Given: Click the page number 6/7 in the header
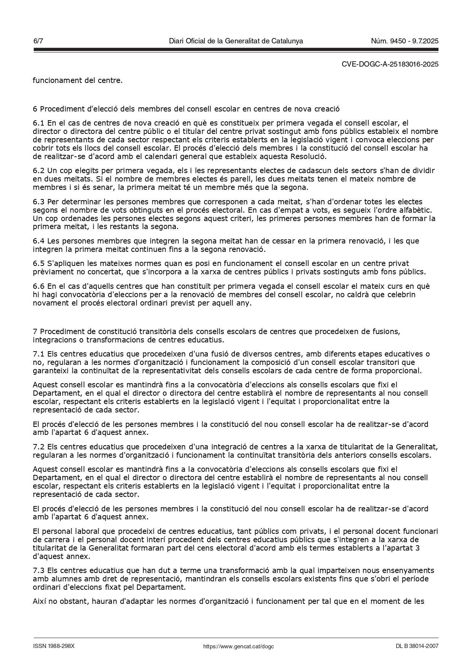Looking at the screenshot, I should [38, 41].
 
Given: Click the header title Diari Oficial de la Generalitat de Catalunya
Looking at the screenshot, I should [236, 41].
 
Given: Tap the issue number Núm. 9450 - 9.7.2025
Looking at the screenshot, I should [405, 41].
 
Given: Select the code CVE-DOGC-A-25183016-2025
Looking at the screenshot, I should [390, 64].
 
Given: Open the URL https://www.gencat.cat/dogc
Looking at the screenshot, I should [239, 646].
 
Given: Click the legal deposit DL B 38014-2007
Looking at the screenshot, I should [417, 646].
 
